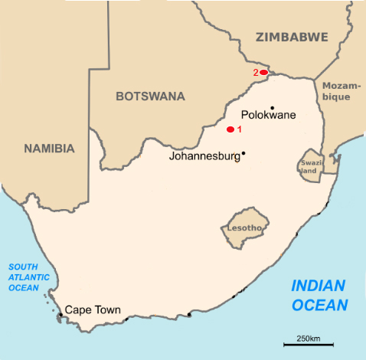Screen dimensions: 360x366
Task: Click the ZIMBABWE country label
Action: click(x=292, y=36)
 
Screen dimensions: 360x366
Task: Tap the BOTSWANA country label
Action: click(x=150, y=97)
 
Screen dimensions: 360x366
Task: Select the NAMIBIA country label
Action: click(x=49, y=149)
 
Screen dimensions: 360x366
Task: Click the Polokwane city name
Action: click(x=268, y=116)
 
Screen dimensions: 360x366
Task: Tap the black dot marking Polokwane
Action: click(x=273, y=107)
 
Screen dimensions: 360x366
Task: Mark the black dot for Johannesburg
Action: click(x=243, y=153)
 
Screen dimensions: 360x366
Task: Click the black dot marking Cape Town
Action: click(x=60, y=314)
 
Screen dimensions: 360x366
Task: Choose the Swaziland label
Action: click(x=308, y=168)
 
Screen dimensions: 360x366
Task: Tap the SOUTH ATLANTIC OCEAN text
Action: click(x=28, y=277)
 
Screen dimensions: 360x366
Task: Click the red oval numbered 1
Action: click(x=230, y=129)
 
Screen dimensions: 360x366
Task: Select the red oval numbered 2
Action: click(x=263, y=72)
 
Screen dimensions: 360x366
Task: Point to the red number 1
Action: click(x=240, y=129)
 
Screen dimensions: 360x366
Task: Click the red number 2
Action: click(x=256, y=73)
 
